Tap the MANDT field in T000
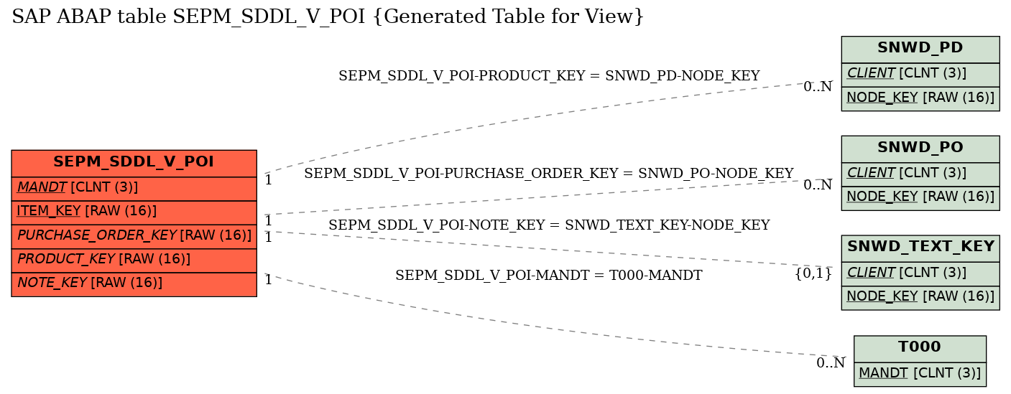tap(920, 374)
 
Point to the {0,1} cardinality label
tap(813, 273)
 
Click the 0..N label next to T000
tap(831, 362)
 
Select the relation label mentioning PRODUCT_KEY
tap(549, 76)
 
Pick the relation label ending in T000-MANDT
tap(549, 275)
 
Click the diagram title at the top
tap(328, 17)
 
